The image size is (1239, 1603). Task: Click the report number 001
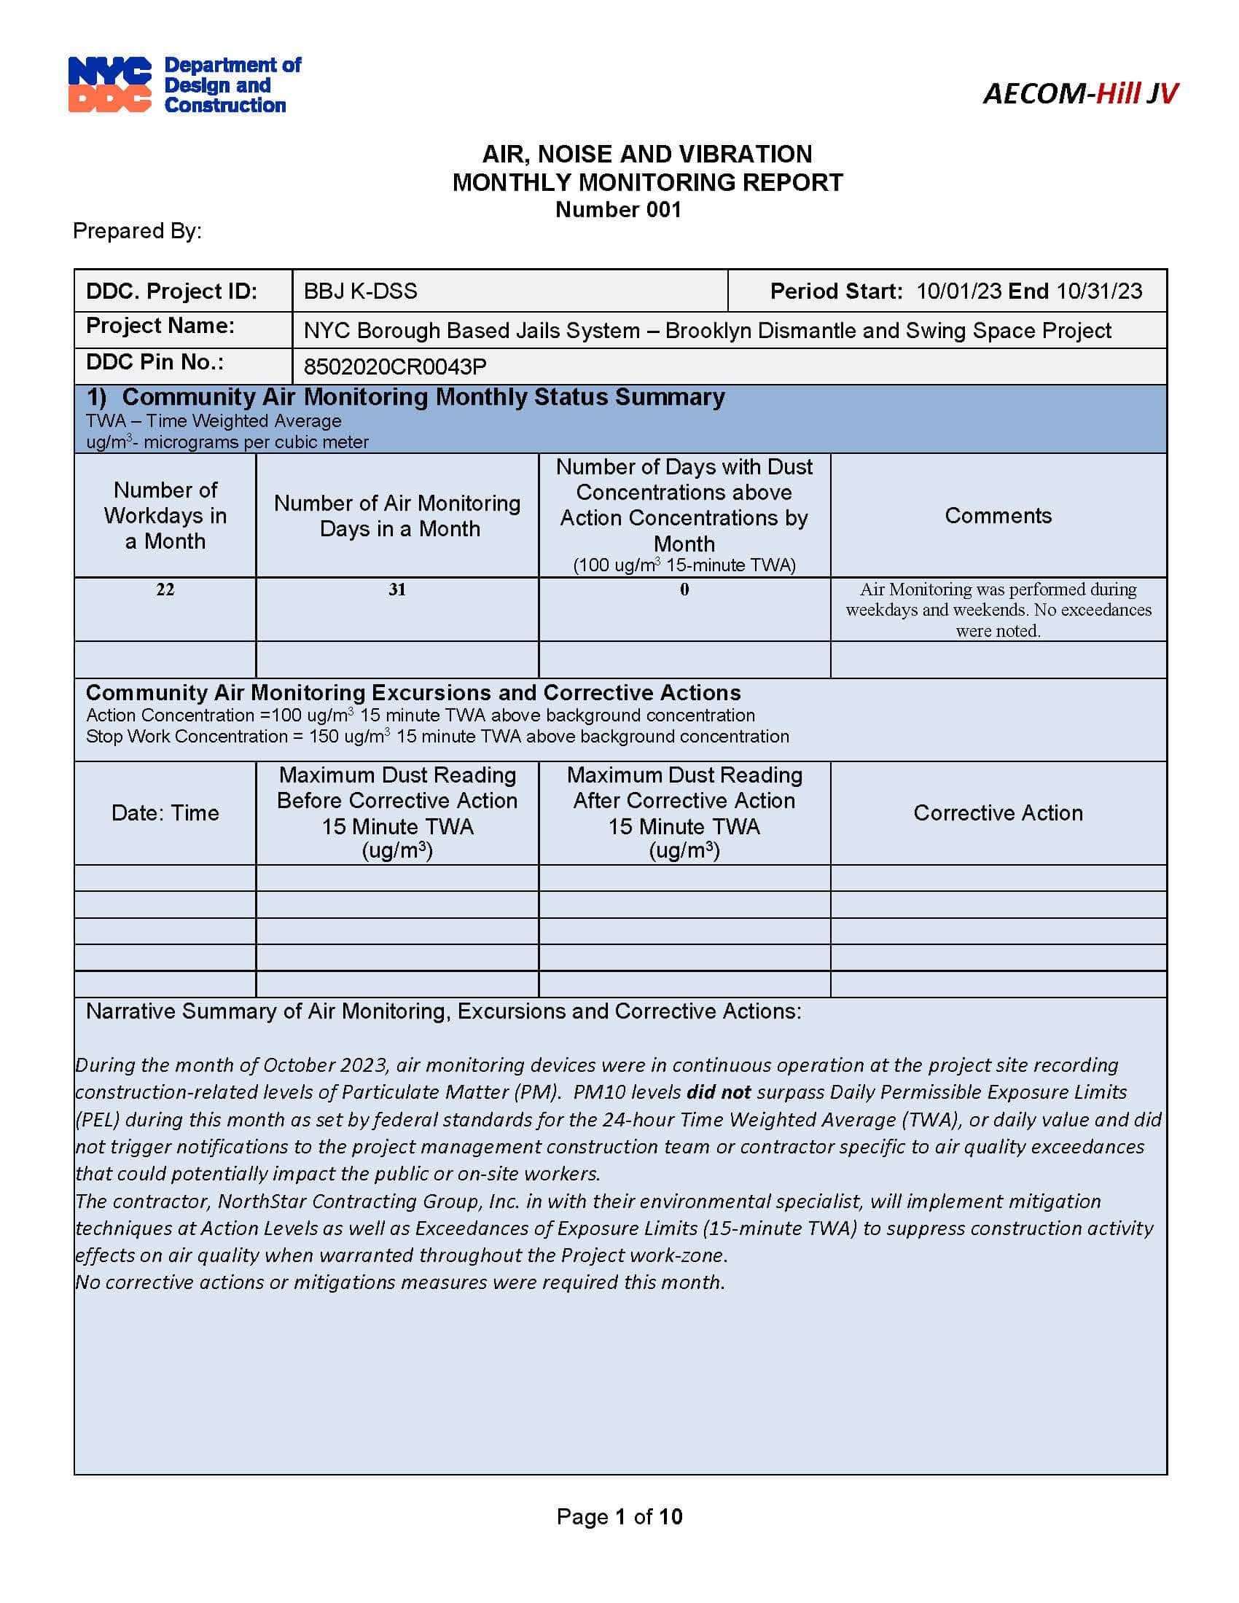[663, 210]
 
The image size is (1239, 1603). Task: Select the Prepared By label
[137, 231]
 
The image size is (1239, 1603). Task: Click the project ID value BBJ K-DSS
[360, 291]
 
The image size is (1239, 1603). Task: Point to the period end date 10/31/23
[1099, 291]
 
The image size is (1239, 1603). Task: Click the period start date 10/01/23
[958, 291]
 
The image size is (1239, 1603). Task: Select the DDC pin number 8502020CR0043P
[395, 367]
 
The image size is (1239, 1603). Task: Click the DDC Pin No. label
[155, 363]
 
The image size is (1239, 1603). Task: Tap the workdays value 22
[165, 589]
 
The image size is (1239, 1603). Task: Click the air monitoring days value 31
[397, 589]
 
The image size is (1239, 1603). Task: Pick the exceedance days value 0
[684, 589]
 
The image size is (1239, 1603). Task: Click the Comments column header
[998, 516]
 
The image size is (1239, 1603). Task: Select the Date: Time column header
[165, 813]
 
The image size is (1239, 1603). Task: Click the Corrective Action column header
[998, 813]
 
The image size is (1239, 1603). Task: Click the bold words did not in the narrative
[718, 1092]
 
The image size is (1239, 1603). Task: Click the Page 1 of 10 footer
[619, 1516]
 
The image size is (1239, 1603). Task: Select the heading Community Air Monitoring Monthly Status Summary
[423, 397]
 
